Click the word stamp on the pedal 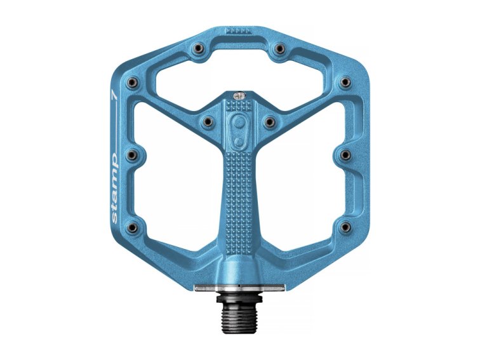tap(114, 187)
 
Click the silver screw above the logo tap(239, 96)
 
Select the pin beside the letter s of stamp tap(133, 226)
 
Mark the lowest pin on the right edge tap(345, 226)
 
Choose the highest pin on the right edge tap(345, 81)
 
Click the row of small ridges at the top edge tap(239, 30)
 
